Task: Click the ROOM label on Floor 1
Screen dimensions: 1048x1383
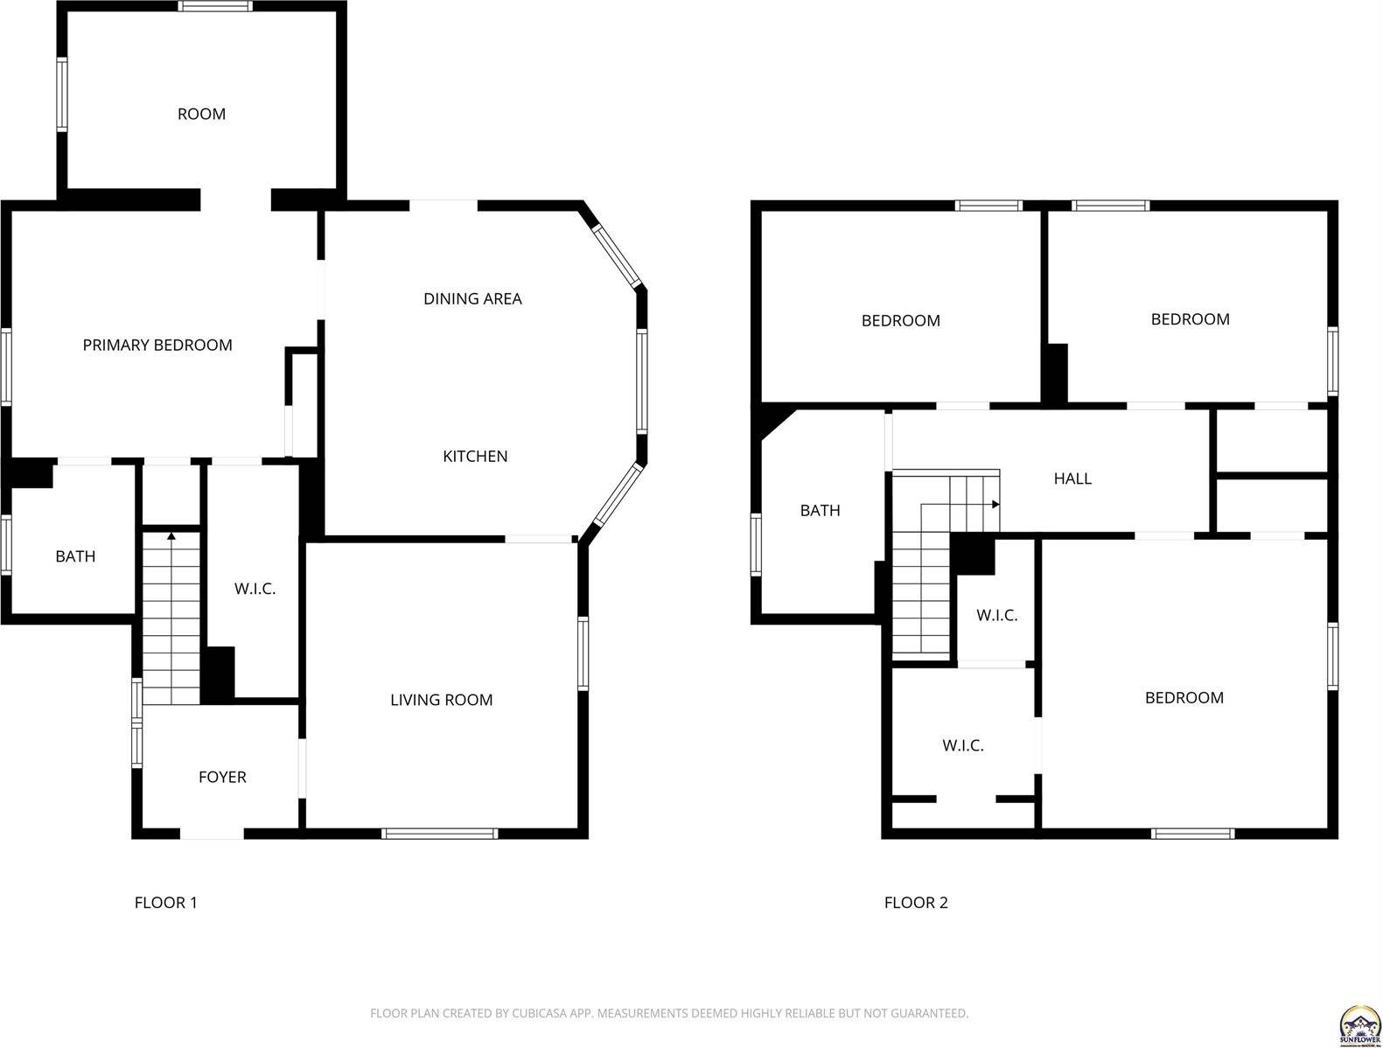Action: (x=201, y=114)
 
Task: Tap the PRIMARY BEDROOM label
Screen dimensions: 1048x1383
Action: (x=157, y=345)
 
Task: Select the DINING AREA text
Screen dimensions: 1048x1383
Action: (x=472, y=298)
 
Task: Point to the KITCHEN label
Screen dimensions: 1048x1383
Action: (x=475, y=456)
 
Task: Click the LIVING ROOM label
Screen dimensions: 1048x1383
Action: (x=441, y=699)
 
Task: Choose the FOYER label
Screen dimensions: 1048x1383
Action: (x=222, y=777)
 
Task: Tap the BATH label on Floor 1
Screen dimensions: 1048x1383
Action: (x=75, y=556)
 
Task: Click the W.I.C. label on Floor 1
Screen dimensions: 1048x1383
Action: (x=255, y=589)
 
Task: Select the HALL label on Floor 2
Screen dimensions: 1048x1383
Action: (x=1072, y=479)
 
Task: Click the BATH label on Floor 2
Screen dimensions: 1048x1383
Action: (x=820, y=510)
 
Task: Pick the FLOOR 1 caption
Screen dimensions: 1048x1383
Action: (x=165, y=903)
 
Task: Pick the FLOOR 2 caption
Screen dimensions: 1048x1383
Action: (x=916, y=903)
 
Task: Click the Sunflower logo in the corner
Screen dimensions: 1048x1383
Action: (x=1359, y=1024)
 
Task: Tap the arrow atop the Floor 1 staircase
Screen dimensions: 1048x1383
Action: (x=171, y=535)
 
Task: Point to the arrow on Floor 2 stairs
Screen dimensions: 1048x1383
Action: (x=995, y=505)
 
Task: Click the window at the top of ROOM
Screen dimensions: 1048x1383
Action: (x=216, y=6)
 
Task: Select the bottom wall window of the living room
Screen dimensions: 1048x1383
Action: (x=440, y=834)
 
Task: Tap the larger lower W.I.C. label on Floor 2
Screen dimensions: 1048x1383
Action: (x=962, y=745)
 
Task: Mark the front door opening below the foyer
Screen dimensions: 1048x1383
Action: (x=212, y=834)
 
